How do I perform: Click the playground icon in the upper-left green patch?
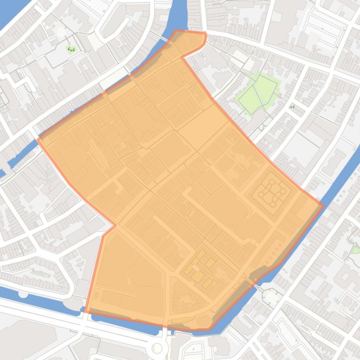pyautogui.click(x=71, y=49)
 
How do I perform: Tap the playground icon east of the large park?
pyautogui.click(x=292, y=107)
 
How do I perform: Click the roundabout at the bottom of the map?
pyautogui.click(x=158, y=348)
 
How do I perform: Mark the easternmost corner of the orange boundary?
pyautogui.click(x=323, y=205)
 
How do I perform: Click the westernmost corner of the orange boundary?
pyautogui.click(x=38, y=139)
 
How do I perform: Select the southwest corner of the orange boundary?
pyautogui.click(x=86, y=311)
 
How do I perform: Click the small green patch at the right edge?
pyautogui.click(x=356, y=250)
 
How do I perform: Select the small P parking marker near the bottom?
pyautogui.click(x=193, y=349)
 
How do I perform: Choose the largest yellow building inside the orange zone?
pyautogui.click(x=198, y=276)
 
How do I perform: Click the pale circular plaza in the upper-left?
pyautogui.click(x=61, y=32)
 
